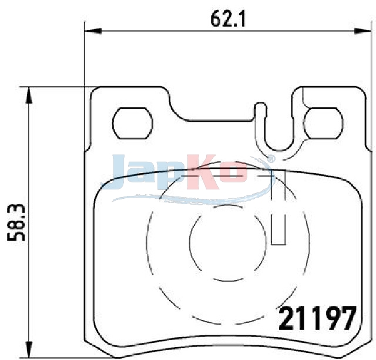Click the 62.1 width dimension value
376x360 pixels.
tap(228, 19)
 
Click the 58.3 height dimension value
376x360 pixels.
tap(16, 223)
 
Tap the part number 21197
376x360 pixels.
tap(317, 318)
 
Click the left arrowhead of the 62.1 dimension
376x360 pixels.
tap(93, 31)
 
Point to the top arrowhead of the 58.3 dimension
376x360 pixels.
tap(29, 95)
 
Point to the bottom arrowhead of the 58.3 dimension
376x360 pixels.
tap(29, 349)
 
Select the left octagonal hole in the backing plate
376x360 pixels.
tap(133, 123)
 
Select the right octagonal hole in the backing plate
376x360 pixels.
tap(323, 123)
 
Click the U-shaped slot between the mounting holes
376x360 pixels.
tap(279, 147)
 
